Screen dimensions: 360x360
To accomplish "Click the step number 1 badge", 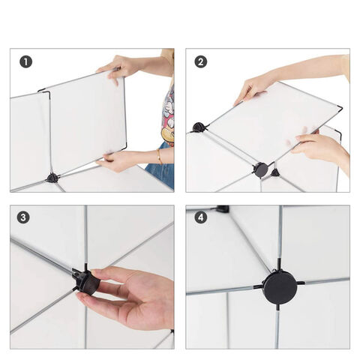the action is pos(26,61).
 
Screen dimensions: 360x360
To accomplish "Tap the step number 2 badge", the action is pos(200,61).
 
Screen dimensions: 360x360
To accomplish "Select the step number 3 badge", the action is pos(23,217).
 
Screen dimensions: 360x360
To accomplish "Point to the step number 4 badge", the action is pos(200,217).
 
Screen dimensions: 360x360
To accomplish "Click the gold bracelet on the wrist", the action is pos(160,156).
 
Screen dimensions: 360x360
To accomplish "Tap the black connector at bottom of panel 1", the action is pos(52,178).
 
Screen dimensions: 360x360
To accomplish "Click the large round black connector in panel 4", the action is pos(280,288).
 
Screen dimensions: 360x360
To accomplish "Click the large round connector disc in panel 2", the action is pos(260,169).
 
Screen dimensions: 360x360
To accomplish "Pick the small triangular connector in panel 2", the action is pos(274,172).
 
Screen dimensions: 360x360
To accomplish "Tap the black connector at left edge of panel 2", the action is pos(199,127).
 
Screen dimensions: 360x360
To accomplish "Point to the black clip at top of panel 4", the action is pos(223,208).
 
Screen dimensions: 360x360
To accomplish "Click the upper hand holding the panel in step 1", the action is pos(117,67).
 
